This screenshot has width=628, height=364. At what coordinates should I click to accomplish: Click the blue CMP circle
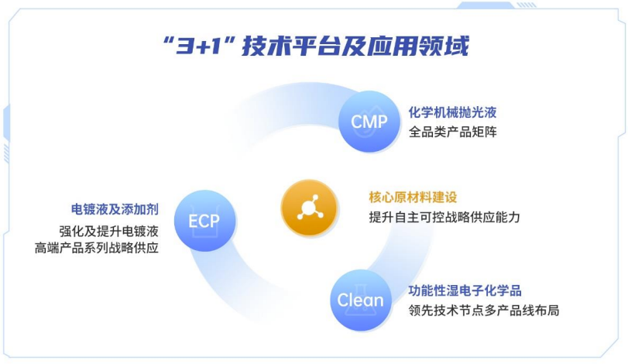point(369,121)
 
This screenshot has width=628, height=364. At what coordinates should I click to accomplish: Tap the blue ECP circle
point(204,221)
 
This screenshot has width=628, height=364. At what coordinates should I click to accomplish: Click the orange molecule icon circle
point(311,207)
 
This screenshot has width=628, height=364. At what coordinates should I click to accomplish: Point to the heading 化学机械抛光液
point(452,112)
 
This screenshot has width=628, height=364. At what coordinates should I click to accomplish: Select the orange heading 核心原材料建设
point(413,197)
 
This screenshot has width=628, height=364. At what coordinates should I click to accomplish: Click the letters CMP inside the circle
point(369,122)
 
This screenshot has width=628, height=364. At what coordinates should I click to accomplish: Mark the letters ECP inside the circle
point(204,221)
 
